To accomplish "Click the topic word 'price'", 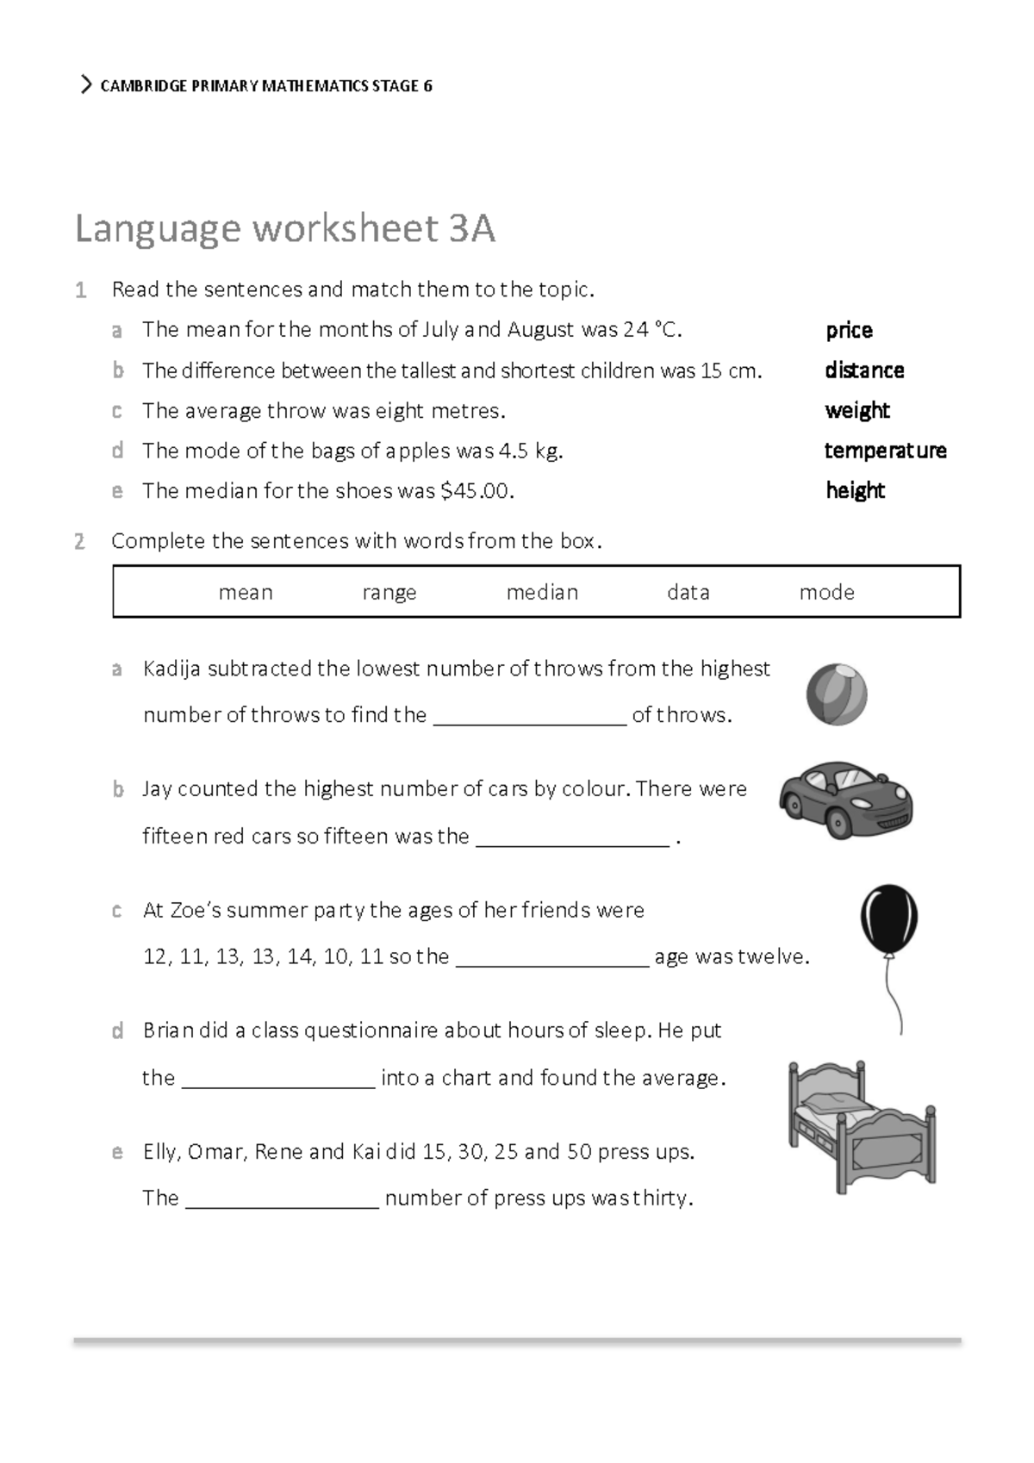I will [849, 331].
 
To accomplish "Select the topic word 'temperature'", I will [885, 451].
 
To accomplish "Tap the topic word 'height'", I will [855, 491].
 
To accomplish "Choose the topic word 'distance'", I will [864, 370].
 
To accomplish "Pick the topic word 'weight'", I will [857, 411].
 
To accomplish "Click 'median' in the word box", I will [542, 593].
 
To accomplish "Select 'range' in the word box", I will [389, 593].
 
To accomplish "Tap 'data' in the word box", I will [688, 593].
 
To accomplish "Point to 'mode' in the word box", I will [826, 593].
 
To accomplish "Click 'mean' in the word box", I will [246, 593].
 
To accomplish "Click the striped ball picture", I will [837, 694].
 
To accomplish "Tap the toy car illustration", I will [846, 800].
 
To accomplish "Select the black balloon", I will [889, 919].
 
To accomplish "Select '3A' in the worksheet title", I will [471, 229].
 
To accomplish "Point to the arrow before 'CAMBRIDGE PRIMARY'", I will [85, 85].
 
